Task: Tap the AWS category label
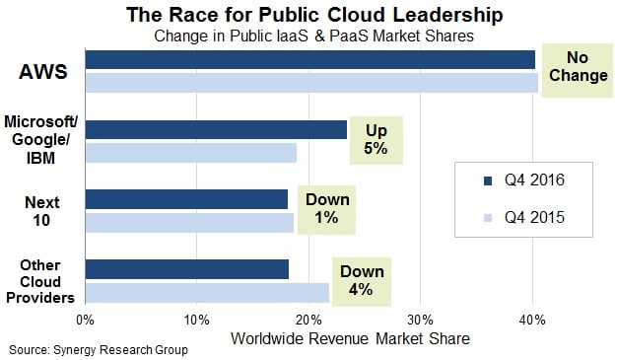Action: (x=41, y=72)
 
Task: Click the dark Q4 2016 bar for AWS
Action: (x=309, y=60)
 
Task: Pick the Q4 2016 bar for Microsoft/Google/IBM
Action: (x=216, y=129)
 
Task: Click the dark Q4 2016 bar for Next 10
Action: (x=186, y=199)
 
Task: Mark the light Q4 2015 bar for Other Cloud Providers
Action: (x=207, y=292)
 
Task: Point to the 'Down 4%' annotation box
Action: (x=364, y=280)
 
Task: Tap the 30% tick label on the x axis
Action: (x=421, y=321)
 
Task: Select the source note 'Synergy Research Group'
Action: (x=99, y=350)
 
